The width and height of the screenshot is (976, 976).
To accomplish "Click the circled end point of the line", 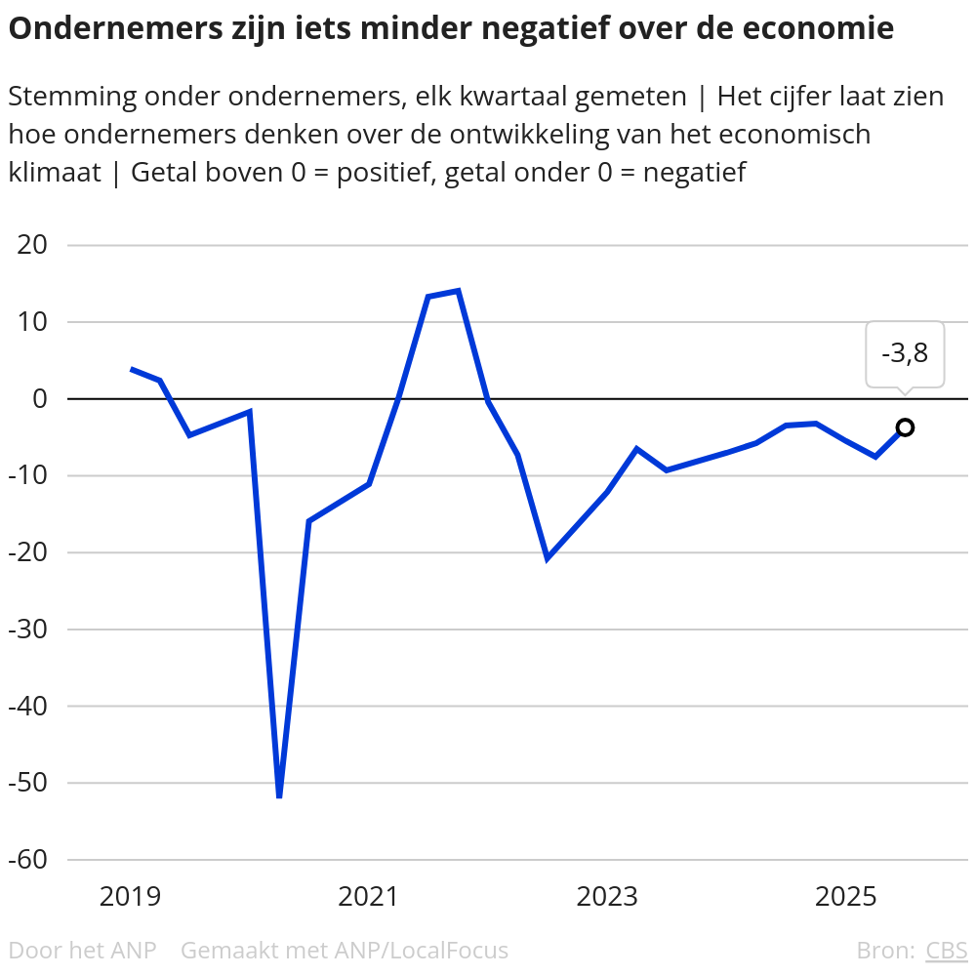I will coord(905,427).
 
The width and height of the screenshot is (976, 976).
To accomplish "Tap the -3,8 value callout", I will coord(905,353).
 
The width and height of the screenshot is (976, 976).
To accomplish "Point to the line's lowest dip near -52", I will coord(279,796).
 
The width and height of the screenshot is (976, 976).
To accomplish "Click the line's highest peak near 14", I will coord(458,291).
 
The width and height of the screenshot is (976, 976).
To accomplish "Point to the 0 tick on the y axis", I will coord(40,398).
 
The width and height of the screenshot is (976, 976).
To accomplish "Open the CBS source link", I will coord(946,951).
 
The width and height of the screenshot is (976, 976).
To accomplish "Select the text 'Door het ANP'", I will coord(82,951).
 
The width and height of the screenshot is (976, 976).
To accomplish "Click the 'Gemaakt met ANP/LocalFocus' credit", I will coord(345,951).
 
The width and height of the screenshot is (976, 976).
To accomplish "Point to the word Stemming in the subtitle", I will coord(69,97).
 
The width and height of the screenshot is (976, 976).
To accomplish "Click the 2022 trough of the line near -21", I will coord(548,558).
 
